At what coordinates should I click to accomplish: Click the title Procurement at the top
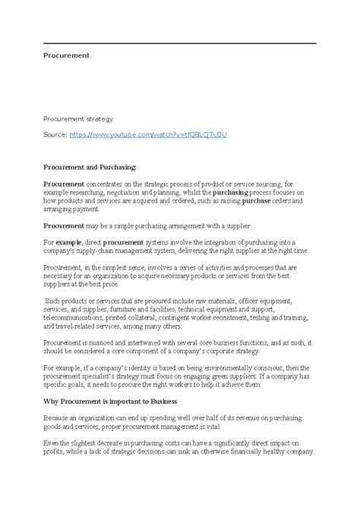66,55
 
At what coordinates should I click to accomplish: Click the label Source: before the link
55,134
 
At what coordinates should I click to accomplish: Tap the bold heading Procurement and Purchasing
90,166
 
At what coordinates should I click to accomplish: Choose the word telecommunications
75,318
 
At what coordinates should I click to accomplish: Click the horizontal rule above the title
179,43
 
